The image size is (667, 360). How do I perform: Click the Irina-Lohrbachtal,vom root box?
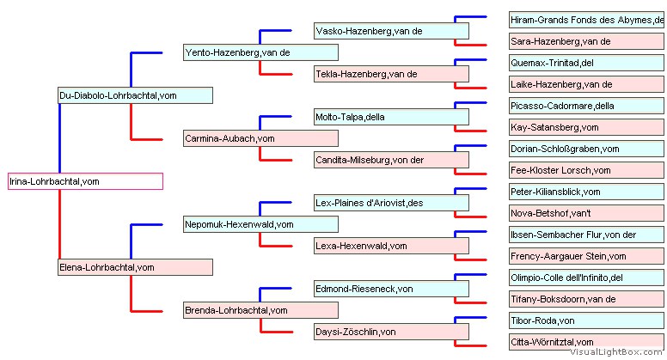tap(85, 181)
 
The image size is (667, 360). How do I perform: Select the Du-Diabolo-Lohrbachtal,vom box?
tap(135, 95)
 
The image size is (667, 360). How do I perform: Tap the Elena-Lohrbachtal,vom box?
tap(135, 267)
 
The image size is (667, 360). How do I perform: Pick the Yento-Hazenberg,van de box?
tap(260, 52)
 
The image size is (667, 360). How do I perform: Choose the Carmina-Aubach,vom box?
tap(260, 138)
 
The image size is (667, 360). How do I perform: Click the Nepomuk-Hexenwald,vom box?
tap(260, 224)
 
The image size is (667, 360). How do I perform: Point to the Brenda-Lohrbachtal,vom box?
tap(260, 310)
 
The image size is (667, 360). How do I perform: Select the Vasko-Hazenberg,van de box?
tap(391, 31)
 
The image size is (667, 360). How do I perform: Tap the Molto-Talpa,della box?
tap(391, 117)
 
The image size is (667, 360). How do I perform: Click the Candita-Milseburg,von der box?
tap(391, 160)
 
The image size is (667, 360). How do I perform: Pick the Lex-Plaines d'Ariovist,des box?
tap(391, 203)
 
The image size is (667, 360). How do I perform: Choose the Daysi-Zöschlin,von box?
tap(391, 332)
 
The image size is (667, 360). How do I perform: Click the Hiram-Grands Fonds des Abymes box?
tap(586, 20)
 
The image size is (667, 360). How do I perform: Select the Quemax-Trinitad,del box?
tap(586, 63)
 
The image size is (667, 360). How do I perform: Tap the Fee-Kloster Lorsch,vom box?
tap(586, 170)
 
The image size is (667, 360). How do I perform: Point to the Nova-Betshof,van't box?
tap(586, 213)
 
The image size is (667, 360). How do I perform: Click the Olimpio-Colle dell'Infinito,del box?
tap(586, 278)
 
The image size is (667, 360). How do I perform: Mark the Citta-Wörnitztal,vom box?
tap(586, 342)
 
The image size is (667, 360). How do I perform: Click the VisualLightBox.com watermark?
tap(616, 352)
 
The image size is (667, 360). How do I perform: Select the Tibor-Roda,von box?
tap(586, 320)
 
